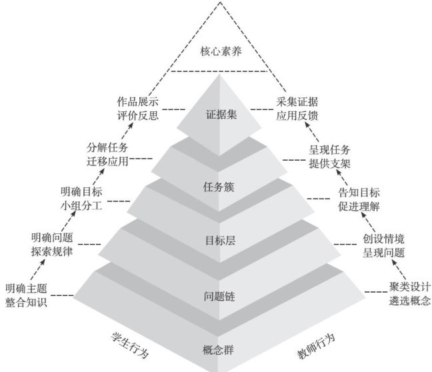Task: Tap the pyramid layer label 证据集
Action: point(218,113)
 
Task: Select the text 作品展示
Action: point(137,101)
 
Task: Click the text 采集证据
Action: point(297,101)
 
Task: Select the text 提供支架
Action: point(329,162)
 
